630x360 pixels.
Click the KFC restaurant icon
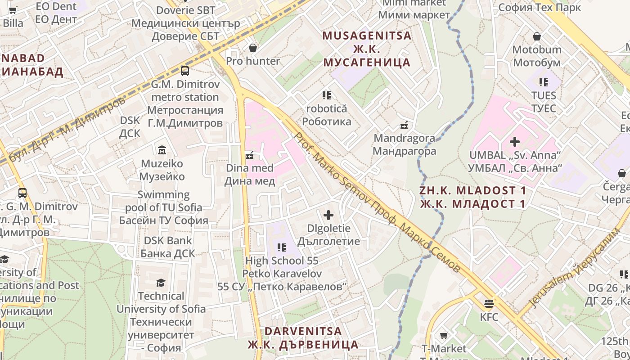coord(489,303)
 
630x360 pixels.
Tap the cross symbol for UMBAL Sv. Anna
coord(515,142)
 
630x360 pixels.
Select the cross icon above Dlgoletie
coord(328,215)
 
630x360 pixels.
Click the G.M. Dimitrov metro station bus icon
coord(184,71)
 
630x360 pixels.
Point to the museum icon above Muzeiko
coord(162,150)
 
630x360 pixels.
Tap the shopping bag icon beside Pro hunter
coord(252,47)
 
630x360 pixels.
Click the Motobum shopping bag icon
coord(536,36)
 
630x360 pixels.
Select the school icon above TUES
coord(544,82)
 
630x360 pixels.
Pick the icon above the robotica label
coord(326,95)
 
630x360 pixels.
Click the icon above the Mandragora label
coord(404,125)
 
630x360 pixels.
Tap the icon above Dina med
coord(249,155)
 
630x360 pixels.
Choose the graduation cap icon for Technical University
coord(161,283)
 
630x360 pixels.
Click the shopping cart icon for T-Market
coord(444,335)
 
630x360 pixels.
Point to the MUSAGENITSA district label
coord(367,36)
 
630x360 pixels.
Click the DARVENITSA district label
coord(303,331)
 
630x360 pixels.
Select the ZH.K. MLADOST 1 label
coord(472,190)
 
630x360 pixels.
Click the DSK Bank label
coord(167,241)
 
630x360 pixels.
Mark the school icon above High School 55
coord(282,247)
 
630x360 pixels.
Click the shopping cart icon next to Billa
coord(13,10)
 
